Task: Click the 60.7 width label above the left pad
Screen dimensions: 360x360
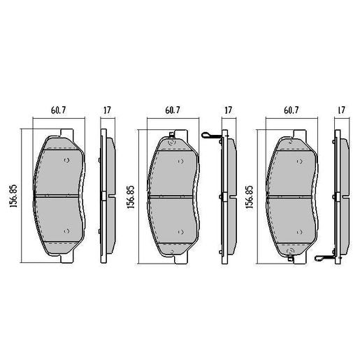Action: pyautogui.click(x=58, y=110)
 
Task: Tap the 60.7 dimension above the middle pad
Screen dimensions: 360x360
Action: pyautogui.click(x=174, y=110)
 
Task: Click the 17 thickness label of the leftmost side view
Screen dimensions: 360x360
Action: pyautogui.click(x=107, y=110)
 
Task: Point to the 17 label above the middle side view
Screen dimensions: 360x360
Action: pyautogui.click(x=227, y=110)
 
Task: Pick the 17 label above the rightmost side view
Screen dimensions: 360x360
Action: pyautogui.click(x=341, y=110)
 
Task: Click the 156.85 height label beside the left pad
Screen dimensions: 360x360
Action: pyautogui.click(x=13, y=196)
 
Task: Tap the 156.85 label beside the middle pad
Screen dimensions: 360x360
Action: pyautogui.click(x=131, y=196)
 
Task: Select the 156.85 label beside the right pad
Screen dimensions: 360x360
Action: pyautogui.click(x=250, y=196)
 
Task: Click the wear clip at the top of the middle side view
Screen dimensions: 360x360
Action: pyautogui.click(x=210, y=136)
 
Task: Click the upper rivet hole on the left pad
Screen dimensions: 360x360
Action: pyautogui.click(x=66, y=160)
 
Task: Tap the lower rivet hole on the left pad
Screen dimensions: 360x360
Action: pyautogui.click(x=66, y=231)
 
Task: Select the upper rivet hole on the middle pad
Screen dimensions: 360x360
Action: pyautogui.click(x=185, y=160)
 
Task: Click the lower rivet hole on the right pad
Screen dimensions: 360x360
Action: pyautogui.click(x=301, y=231)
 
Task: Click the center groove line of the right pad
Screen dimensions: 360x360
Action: pyautogui.click(x=292, y=196)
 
